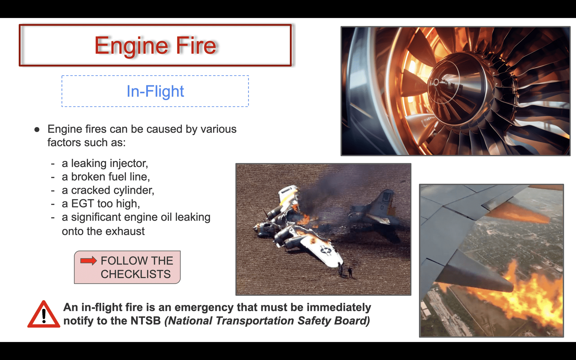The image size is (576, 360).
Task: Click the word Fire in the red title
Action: coord(196,45)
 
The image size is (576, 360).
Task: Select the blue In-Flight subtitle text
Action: coord(155,91)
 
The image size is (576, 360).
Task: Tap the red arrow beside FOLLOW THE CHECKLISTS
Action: coord(89,261)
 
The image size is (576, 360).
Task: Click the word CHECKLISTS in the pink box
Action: coord(135,274)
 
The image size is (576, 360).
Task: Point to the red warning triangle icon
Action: coord(44,314)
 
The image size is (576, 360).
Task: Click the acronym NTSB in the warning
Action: coord(145,321)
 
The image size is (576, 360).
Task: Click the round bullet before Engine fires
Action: coord(37,129)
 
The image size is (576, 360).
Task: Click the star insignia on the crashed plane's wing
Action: coord(326,249)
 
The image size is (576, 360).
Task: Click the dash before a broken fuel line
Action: coord(53,177)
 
